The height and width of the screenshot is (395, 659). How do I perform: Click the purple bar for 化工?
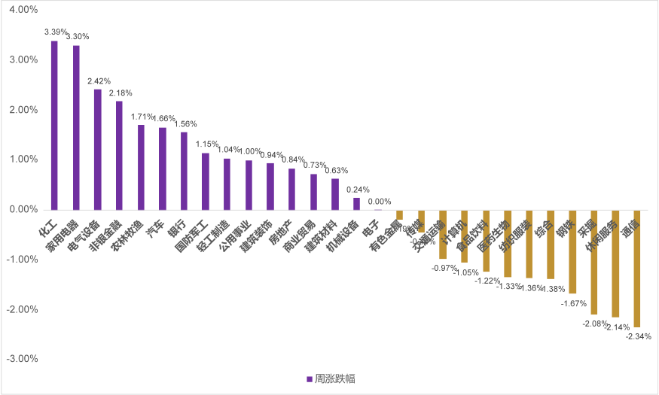[54, 125]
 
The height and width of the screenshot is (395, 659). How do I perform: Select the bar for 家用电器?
[76, 127]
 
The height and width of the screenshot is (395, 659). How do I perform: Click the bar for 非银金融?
[119, 155]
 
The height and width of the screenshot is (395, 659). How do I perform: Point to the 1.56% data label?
[185, 124]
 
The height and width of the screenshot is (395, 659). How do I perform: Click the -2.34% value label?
[639, 336]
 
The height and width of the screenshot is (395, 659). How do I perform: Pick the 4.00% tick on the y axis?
[23, 10]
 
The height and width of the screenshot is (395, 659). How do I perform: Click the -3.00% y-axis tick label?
[22, 358]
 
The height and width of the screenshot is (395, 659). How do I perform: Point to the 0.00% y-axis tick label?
[23, 209]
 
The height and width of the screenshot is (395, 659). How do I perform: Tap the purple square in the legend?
[310, 378]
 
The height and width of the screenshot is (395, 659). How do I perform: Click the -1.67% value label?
[574, 303]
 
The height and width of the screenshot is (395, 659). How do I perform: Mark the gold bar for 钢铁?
[572, 251]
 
